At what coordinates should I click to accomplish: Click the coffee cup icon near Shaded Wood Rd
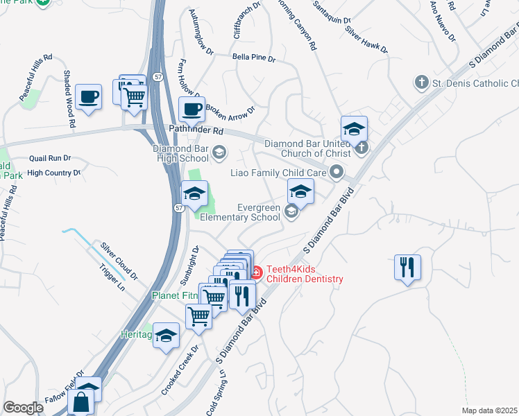88,96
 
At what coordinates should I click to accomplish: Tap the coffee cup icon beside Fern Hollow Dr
192,109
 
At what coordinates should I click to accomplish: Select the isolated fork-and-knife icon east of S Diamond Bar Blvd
407,267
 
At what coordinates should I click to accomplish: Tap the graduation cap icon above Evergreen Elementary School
300,191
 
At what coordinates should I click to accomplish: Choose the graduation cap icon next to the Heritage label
165,336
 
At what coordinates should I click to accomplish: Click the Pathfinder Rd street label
197,130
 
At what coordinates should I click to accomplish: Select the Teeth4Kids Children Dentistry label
305,273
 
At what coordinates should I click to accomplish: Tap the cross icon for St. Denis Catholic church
420,83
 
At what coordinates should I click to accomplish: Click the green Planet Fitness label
175,295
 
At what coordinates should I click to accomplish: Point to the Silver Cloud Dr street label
119,256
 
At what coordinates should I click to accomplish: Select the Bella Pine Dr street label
253,58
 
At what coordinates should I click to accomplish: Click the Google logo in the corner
23,408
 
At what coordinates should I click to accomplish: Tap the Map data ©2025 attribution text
489,410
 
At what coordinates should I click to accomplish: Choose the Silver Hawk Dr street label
366,42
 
